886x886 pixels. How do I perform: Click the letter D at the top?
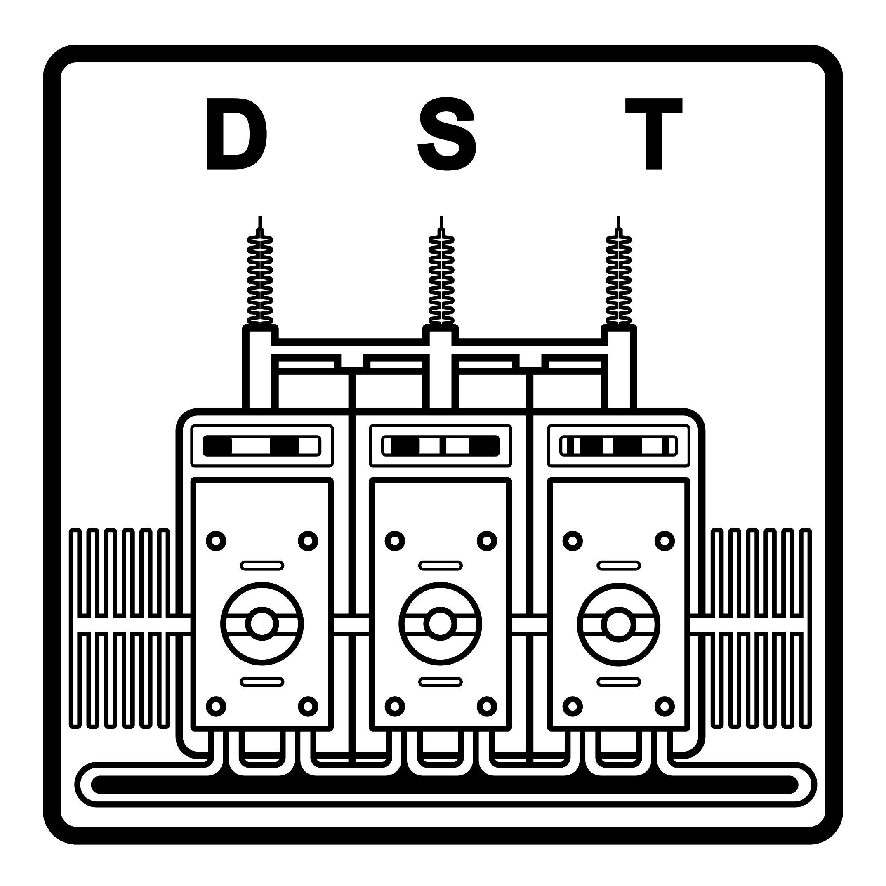[236, 134]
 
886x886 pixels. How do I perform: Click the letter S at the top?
[447, 134]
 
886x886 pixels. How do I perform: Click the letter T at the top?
[654, 134]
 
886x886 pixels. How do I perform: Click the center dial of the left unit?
[262, 624]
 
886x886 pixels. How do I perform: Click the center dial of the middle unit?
[440, 624]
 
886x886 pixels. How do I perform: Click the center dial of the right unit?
[619, 624]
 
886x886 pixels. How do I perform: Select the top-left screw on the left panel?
[217, 541]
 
